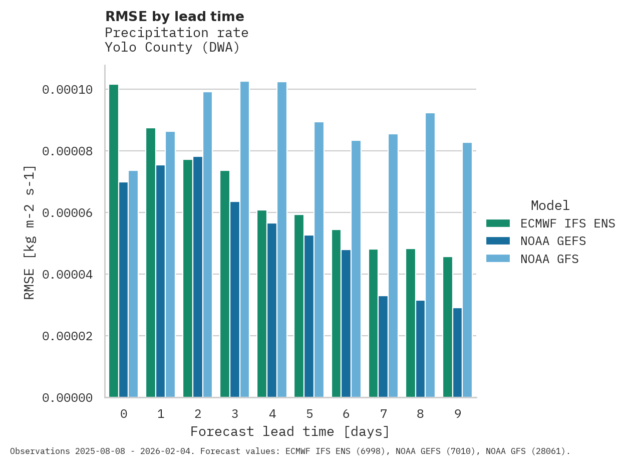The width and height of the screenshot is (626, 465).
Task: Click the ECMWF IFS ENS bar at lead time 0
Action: [x=114, y=241]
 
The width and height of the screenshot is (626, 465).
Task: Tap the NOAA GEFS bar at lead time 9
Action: [x=458, y=353]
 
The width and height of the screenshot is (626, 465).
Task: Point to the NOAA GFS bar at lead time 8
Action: [x=430, y=256]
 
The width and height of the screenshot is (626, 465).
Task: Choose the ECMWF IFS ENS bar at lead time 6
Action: [x=336, y=314]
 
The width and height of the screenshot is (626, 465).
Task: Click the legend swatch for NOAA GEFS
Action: [x=498, y=241]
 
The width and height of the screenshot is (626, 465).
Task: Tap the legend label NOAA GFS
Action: [x=549, y=259]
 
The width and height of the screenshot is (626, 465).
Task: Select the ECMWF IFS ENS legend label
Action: [x=567, y=223]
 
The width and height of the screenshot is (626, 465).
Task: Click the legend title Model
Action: [x=550, y=205]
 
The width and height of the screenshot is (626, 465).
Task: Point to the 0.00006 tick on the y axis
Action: [x=68, y=213]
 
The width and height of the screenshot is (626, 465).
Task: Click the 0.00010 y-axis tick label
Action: [x=68, y=90]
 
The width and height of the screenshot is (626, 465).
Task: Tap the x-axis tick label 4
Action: [x=272, y=414]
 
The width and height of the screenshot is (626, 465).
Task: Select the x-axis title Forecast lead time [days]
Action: [x=290, y=431]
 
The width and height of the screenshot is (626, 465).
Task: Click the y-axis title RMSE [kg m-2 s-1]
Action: [x=30, y=232]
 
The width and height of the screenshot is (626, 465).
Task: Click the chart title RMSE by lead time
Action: [x=175, y=17]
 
